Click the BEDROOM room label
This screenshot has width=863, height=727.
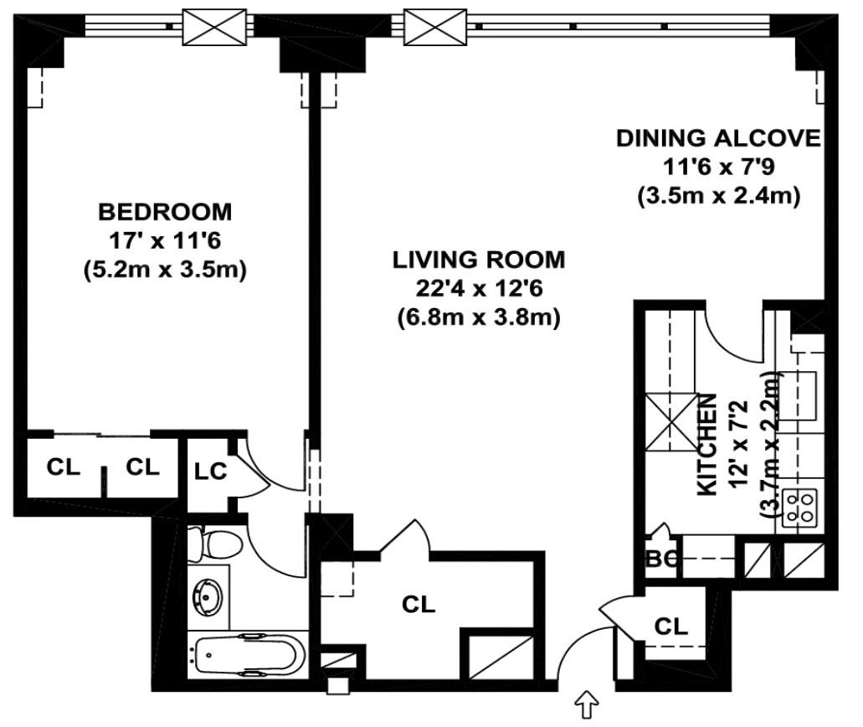[165, 210]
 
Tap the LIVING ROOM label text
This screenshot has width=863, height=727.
[479, 260]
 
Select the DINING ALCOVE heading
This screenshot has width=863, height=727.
[718, 138]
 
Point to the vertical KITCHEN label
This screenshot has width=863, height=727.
[707, 444]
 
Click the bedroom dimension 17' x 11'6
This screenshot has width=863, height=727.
[165, 240]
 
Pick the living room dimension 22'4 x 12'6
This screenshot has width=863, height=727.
[479, 289]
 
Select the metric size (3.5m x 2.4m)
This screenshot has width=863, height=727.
[718, 197]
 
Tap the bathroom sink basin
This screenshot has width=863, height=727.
[207, 596]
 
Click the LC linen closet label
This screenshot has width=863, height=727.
[210, 472]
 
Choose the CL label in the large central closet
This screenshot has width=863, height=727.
[419, 604]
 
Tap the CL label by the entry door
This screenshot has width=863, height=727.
[670, 626]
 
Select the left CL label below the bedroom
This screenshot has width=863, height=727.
[63, 467]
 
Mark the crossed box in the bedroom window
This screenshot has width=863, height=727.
[214, 26]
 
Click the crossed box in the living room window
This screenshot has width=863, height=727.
[434, 26]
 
